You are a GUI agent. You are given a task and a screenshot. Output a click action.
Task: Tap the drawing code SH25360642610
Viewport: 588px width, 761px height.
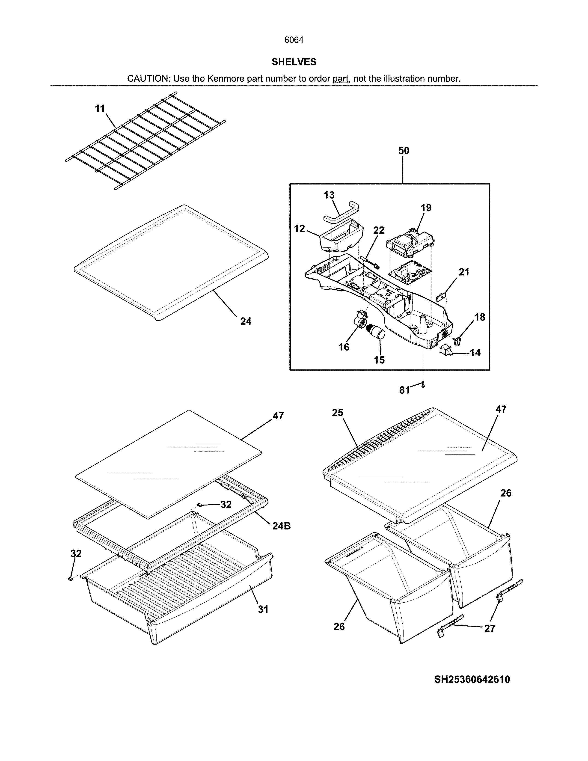[x=472, y=679]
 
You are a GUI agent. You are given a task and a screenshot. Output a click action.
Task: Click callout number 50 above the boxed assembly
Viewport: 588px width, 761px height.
[x=404, y=151]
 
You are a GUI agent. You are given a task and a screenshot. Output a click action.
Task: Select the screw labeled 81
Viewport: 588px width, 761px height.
[x=423, y=385]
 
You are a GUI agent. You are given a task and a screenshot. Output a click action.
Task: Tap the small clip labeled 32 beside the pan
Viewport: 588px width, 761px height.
[x=71, y=579]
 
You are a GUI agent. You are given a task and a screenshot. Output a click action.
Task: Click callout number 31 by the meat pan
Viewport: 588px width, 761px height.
[x=263, y=609]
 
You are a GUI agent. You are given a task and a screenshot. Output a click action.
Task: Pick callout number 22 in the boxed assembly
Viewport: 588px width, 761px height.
[x=379, y=230]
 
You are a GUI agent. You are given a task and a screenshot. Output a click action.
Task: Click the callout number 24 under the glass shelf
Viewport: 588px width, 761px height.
[x=246, y=321]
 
